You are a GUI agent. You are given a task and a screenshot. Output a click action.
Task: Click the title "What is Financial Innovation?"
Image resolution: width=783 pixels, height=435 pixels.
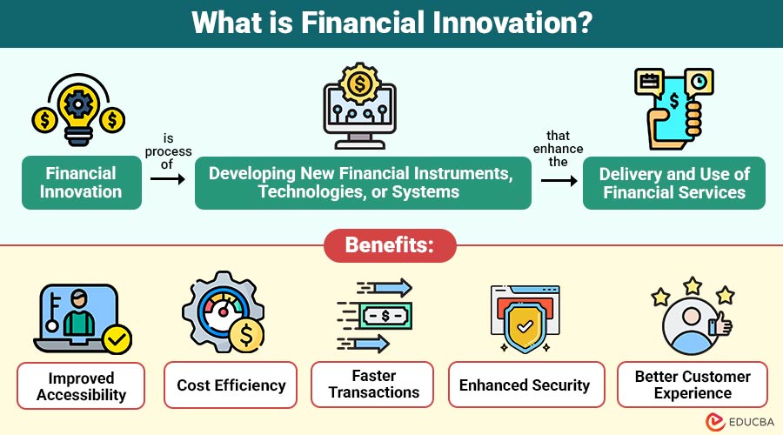point(392,23)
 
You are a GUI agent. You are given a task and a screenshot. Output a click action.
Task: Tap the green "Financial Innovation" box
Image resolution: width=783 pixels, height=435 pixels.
point(82,183)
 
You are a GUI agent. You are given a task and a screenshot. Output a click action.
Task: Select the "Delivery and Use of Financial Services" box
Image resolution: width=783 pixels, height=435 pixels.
point(673,183)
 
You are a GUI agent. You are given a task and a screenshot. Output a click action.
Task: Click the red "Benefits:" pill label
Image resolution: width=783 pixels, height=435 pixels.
point(390,245)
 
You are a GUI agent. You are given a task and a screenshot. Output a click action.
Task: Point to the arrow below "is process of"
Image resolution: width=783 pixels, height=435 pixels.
point(168,179)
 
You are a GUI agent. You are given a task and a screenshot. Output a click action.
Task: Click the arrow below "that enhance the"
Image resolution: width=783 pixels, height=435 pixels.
point(559,180)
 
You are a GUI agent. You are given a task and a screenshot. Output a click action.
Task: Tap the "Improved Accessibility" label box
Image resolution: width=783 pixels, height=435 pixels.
point(81,386)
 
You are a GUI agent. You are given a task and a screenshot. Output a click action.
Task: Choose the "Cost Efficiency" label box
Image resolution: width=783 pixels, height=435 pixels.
point(231,385)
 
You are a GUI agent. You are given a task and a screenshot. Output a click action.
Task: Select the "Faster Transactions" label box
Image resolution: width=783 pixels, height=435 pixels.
point(372,385)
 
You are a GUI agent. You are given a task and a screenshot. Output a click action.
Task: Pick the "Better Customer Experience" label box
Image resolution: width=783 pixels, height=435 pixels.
point(693,385)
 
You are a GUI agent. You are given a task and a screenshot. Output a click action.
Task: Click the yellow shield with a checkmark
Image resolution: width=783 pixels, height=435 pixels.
point(525,327)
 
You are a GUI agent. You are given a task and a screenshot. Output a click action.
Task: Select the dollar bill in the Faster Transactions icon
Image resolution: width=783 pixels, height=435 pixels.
point(385,316)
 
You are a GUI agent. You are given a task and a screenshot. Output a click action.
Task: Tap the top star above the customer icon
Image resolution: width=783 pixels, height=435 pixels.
point(693,286)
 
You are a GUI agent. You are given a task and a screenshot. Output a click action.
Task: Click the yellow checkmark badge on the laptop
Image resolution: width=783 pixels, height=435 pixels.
point(117,339)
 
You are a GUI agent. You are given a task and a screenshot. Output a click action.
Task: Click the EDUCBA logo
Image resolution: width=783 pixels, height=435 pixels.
point(739,422)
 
